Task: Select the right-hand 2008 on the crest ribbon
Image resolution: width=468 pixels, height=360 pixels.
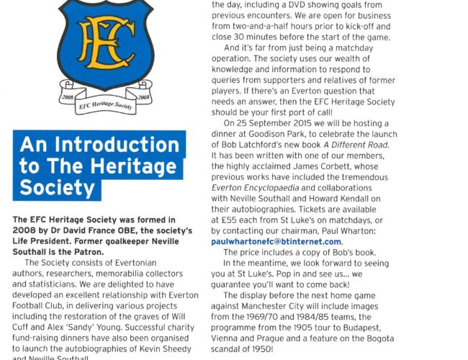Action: tap(142, 95)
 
